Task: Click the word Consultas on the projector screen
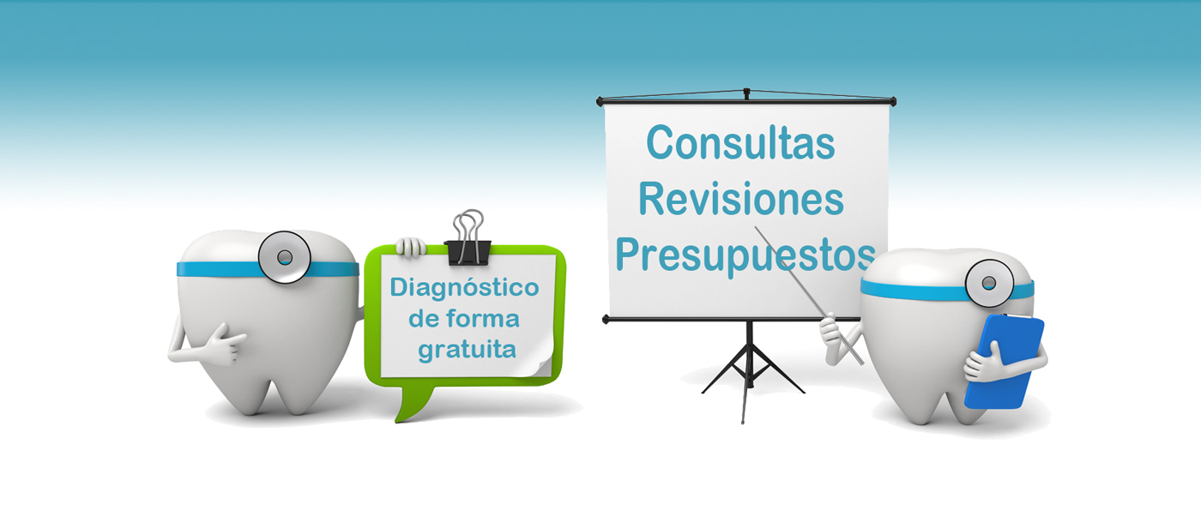click(740, 142)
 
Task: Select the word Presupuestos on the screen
click(745, 257)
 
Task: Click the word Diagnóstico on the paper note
click(464, 288)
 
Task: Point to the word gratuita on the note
click(467, 351)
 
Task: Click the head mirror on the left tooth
click(284, 257)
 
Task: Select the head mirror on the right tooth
click(989, 283)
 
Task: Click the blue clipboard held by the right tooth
click(1005, 363)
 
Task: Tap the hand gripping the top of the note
click(411, 247)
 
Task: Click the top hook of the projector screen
click(746, 93)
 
